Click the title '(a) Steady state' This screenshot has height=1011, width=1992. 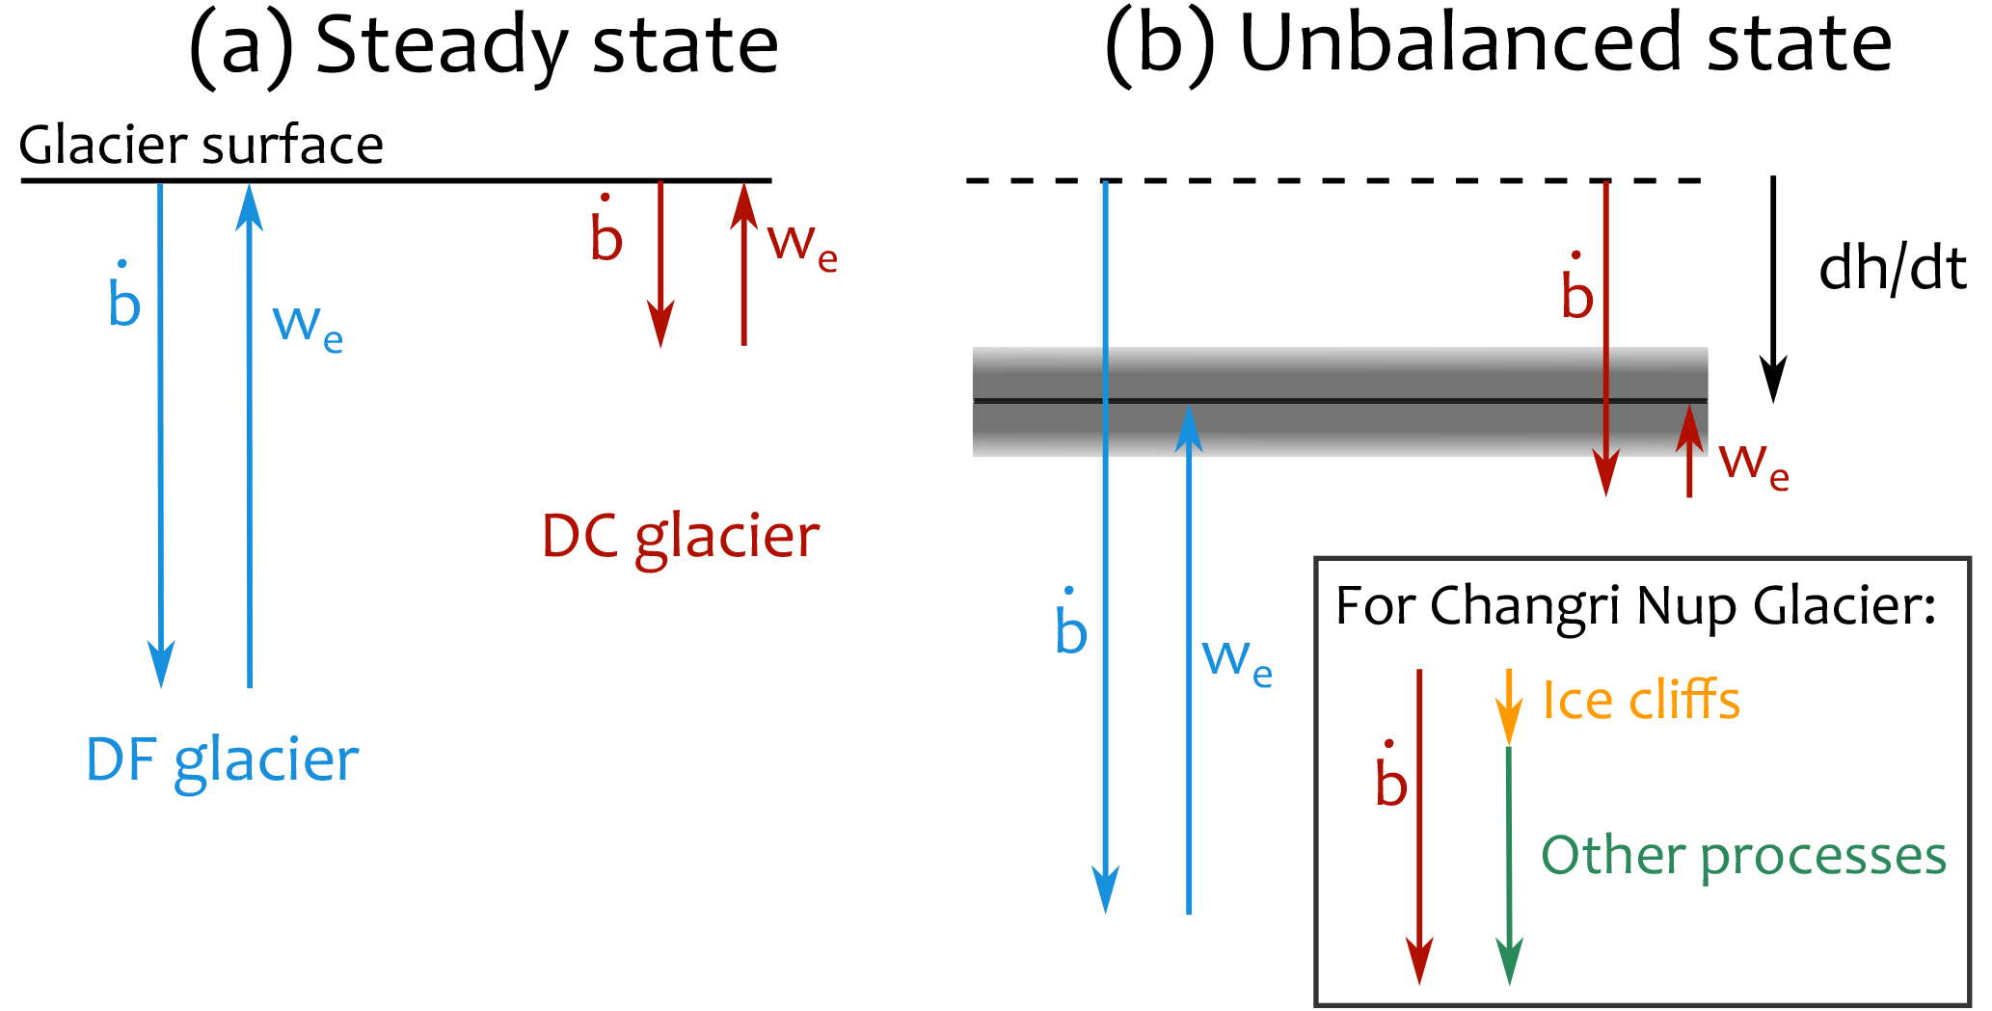(x=483, y=46)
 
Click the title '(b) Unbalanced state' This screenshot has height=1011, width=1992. (x=1497, y=46)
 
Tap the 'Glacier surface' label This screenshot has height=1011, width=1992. (x=202, y=146)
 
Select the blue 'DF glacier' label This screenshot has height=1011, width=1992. (x=222, y=760)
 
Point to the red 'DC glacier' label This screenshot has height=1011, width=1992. (x=681, y=537)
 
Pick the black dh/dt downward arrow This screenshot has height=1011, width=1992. (x=1773, y=289)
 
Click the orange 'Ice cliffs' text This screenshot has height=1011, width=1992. (x=1641, y=700)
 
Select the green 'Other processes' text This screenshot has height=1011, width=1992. (x=1743, y=856)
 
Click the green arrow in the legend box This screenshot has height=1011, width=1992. (x=1509, y=867)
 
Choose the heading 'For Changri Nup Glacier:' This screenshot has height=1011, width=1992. (x=1636, y=607)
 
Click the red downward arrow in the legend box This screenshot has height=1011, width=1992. (x=1419, y=829)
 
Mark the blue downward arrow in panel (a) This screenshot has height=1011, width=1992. (x=160, y=434)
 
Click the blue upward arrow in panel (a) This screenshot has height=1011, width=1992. (x=250, y=434)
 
